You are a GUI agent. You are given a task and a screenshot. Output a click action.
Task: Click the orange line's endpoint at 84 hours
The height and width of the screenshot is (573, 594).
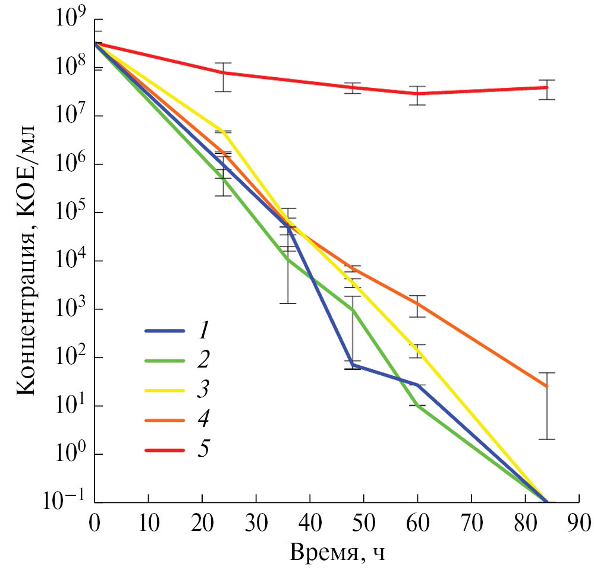point(546,387)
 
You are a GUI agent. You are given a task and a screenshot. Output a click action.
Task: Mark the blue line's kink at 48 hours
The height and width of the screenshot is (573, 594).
point(353,364)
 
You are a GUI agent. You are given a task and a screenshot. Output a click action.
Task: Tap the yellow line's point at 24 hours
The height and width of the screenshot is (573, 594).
point(224,132)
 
